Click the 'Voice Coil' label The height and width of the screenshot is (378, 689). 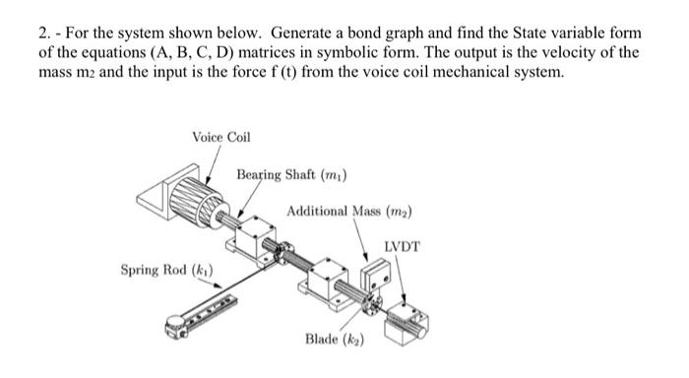click(x=221, y=137)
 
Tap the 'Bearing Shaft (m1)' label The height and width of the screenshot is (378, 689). click(x=291, y=175)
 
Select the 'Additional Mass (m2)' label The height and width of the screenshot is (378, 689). click(x=349, y=212)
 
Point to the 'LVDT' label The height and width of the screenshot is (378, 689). click(x=402, y=246)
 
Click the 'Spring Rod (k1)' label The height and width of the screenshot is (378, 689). click(x=167, y=270)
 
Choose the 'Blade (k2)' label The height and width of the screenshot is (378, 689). click(x=335, y=340)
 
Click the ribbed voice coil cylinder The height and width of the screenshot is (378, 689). click(x=197, y=203)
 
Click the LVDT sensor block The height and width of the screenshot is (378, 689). click(x=406, y=325)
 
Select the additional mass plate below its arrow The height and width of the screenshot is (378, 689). click(x=376, y=275)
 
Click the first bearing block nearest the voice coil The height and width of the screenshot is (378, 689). click(x=255, y=238)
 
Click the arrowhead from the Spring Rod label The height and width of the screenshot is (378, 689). click(x=219, y=285)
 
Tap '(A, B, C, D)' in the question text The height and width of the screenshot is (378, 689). click(x=192, y=52)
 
